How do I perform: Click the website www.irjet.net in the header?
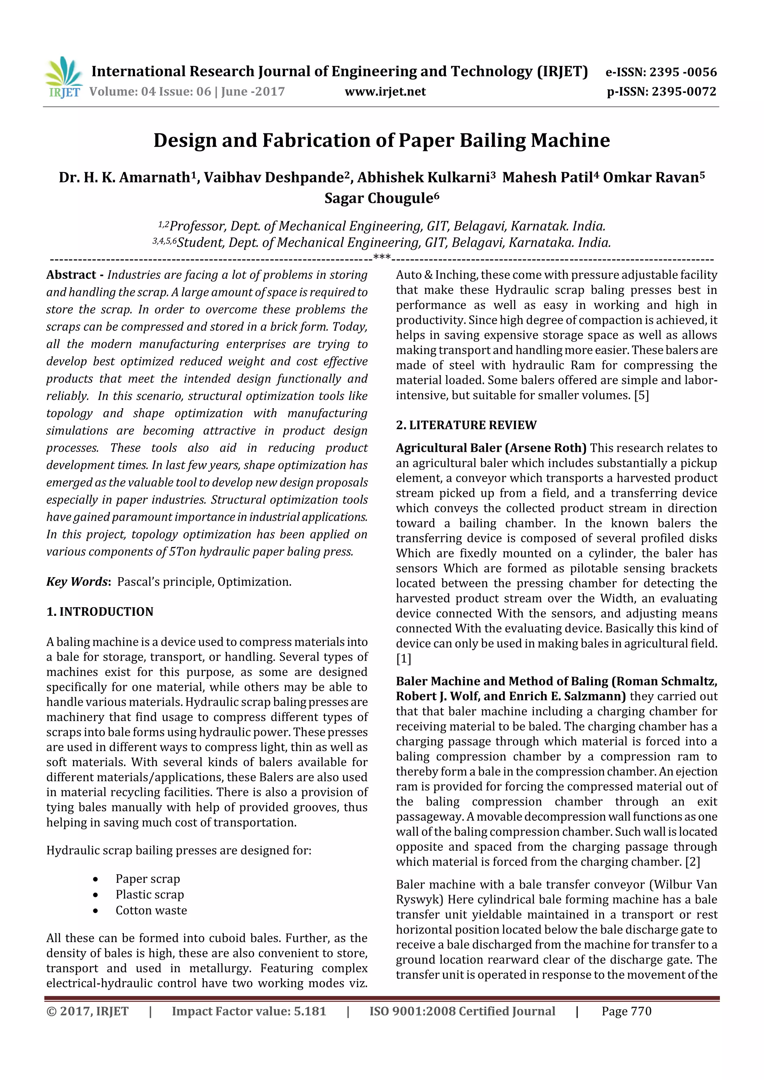pyautogui.click(x=385, y=92)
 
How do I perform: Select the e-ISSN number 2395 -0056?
pyautogui.click(x=683, y=72)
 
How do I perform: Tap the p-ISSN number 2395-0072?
pyautogui.click(x=683, y=92)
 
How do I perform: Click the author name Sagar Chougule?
pyautogui.click(x=381, y=198)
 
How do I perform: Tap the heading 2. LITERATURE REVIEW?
pyautogui.click(x=466, y=425)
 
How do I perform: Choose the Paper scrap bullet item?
pyautogui.click(x=148, y=879)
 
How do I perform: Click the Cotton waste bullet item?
pyautogui.click(x=151, y=910)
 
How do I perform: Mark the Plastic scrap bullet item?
pyautogui.click(x=150, y=894)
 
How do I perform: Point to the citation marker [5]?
pyautogui.click(x=641, y=396)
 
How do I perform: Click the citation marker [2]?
pyautogui.click(x=692, y=862)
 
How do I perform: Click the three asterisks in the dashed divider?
pyautogui.click(x=382, y=258)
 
